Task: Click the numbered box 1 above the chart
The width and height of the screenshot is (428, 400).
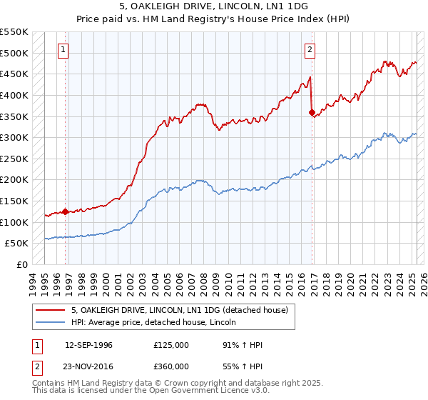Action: (64, 50)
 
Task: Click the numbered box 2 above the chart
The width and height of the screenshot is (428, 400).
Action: (310, 50)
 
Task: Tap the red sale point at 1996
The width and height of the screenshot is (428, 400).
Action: (65, 211)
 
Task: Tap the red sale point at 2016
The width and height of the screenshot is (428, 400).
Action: (312, 111)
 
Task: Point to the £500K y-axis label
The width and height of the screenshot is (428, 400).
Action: (14, 53)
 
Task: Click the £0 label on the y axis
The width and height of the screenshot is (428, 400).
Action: (23, 264)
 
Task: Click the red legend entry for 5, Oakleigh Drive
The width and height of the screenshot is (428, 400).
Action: (178, 310)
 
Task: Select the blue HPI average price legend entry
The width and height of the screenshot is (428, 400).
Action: (157, 323)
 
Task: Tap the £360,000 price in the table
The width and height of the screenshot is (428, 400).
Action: (170, 367)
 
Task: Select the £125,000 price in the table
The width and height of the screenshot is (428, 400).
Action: (170, 345)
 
